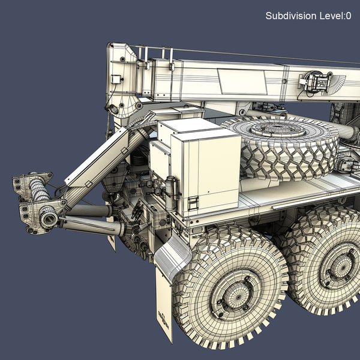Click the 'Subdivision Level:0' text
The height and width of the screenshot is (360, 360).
(x=308, y=16)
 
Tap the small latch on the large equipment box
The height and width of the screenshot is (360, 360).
(x=193, y=203)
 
